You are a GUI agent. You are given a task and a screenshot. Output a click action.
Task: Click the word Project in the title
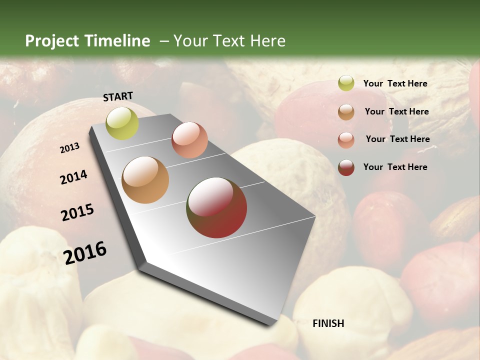tap(50, 41)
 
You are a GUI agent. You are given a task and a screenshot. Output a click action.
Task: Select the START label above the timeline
tap(118, 96)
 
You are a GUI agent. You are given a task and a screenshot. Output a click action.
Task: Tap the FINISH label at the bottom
tap(328, 323)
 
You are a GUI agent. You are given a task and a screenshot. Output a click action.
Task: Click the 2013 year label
tap(69, 148)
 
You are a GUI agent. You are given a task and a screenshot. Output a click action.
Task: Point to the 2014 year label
tap(73, 177)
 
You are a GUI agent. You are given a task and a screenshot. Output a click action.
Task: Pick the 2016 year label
tap(85, 252)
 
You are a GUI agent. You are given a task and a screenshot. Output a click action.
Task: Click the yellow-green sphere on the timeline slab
tap(122, 123)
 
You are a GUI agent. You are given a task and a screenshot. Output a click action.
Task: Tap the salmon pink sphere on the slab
tap(189, 140)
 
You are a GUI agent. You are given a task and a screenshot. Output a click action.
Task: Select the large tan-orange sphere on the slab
tap(145, 180)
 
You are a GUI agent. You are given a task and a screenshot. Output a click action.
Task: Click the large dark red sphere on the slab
tap(217, 207)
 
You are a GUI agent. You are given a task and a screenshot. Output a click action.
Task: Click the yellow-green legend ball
tap(346, 83)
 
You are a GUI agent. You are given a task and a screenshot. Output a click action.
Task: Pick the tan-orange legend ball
tap(346, 112)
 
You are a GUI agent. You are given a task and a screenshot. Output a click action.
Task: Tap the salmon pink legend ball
tap(346, 140)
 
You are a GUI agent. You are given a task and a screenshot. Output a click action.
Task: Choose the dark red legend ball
tap(346, 167)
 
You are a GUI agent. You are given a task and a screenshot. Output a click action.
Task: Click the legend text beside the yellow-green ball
tap(395, 83)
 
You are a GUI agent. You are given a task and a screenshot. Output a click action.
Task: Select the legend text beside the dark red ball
tap(395, 167)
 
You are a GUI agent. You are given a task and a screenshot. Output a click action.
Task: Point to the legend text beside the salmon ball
tap(397, 139)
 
